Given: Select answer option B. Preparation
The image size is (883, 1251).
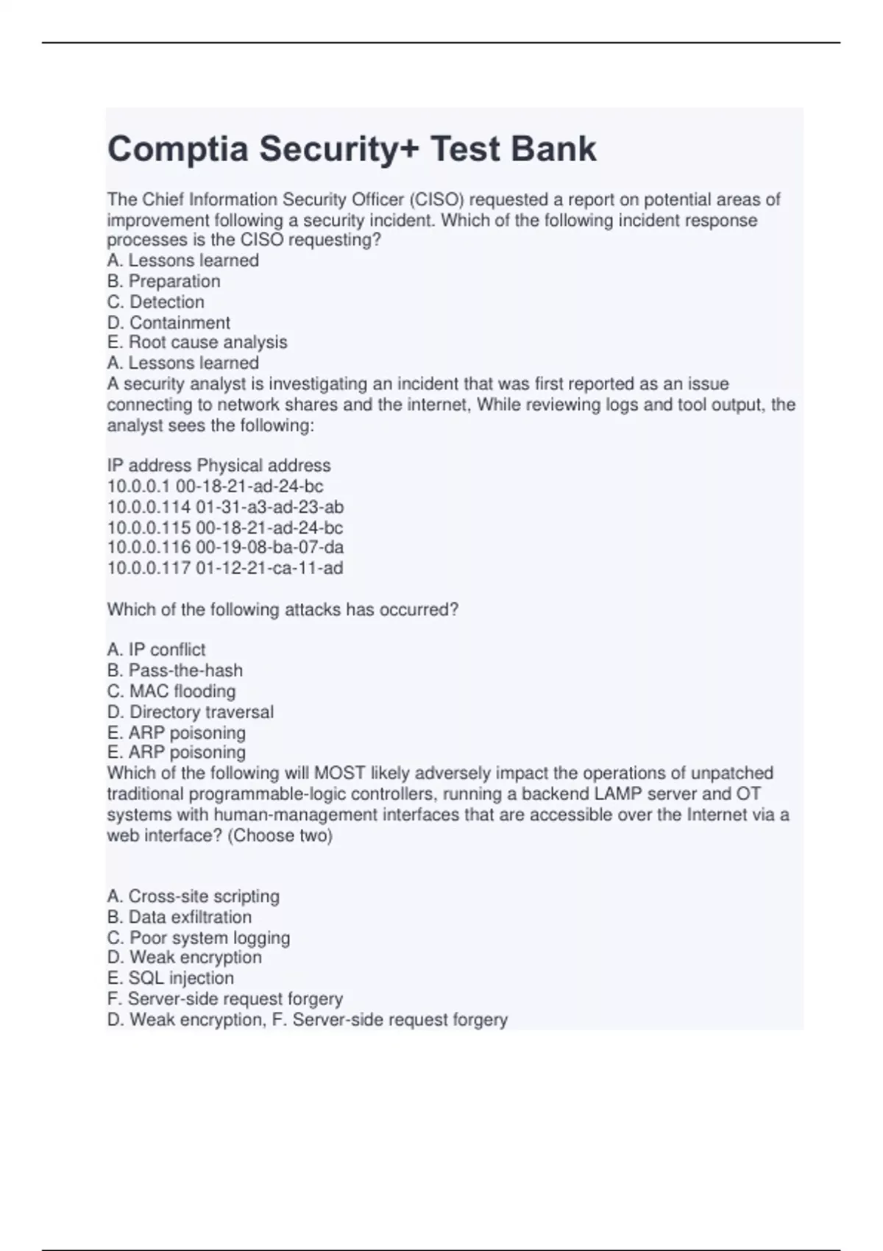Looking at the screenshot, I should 163,281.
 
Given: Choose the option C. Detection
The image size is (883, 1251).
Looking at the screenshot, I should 155,302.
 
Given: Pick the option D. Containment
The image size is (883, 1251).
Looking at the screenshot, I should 169,322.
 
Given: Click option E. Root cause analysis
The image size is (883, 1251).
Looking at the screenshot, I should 196,342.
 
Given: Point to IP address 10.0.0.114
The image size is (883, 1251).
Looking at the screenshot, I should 149,507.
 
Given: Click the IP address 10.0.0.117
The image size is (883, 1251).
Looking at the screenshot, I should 149,568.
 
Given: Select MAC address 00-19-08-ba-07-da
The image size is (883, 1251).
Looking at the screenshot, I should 270,547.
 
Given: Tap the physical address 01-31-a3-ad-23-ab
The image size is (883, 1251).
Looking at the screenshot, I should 270,507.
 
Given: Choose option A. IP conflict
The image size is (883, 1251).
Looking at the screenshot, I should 156,650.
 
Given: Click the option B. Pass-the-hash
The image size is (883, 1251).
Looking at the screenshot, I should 174,670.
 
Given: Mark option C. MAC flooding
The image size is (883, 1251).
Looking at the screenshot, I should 171,691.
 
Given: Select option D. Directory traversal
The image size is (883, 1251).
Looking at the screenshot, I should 190,712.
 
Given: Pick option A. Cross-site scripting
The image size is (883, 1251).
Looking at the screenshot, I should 193,896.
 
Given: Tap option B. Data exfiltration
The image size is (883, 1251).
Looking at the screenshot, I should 179,917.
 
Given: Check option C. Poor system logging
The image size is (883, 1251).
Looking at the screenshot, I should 198,938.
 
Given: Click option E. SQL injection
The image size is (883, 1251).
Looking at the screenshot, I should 170,978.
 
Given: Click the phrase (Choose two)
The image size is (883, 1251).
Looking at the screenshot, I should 280,836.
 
